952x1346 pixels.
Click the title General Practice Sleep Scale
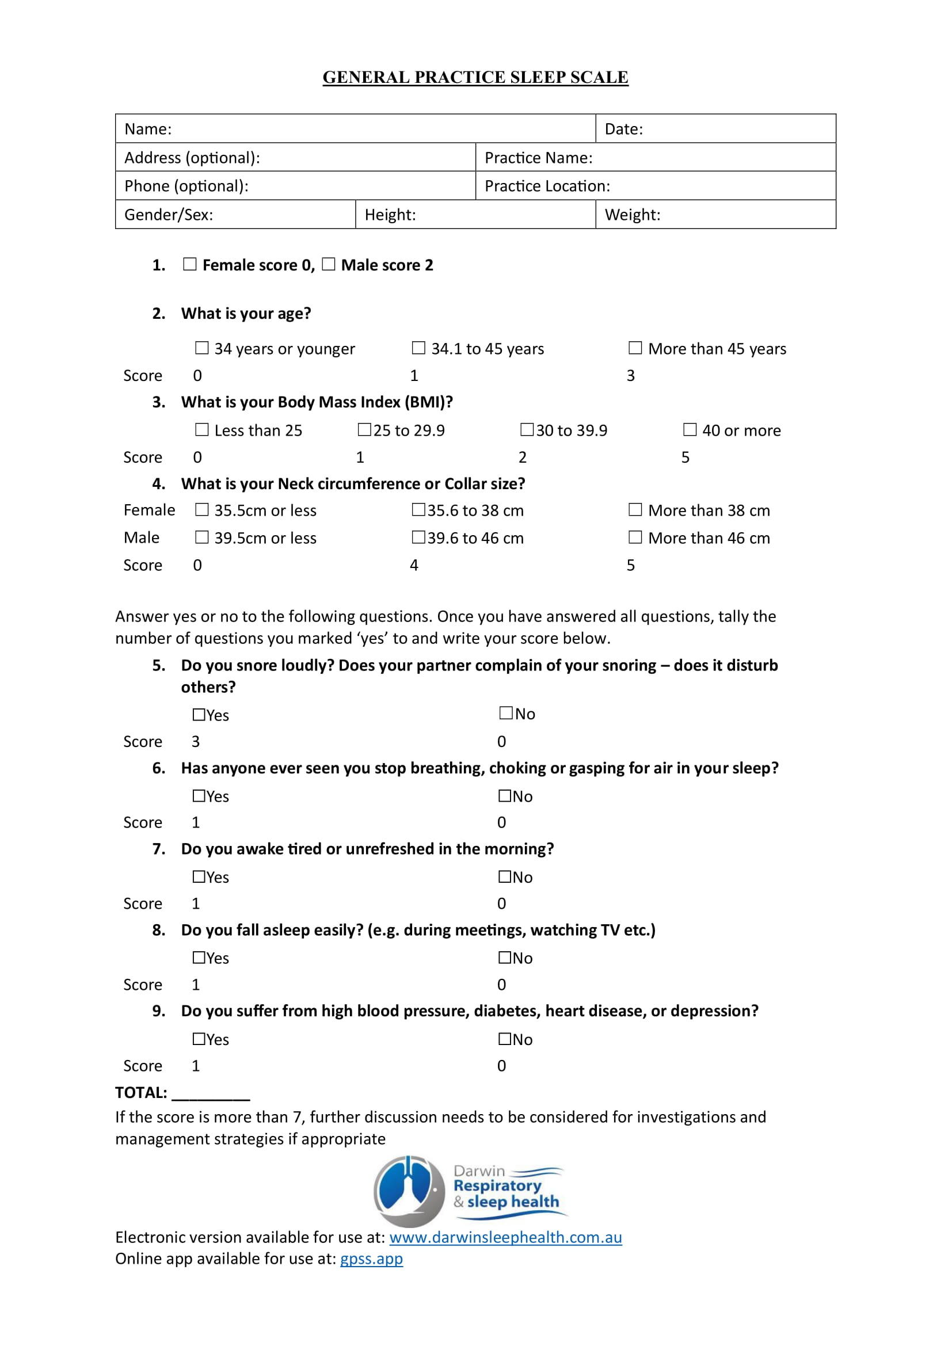tap(475, 77)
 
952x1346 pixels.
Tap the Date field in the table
tap(715, 129)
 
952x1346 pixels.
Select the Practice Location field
tap(656, 186)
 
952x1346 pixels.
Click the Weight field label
tap(633, 215)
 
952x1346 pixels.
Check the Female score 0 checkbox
tap(190, 264)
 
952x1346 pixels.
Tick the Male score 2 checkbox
tap(329, 264)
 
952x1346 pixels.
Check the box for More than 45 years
tap(635, 348)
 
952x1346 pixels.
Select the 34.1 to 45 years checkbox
tap(418, 348)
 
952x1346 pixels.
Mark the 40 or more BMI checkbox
tap(690, 430)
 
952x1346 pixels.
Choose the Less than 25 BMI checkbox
tap(201, 430)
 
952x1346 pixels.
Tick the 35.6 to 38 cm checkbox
tap(418, 509)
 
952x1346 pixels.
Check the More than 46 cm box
tap(635, 537)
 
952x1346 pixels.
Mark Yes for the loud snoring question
tap(199, 715)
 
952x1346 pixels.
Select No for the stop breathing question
tap(505, 795)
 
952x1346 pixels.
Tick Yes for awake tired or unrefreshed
tap(199, 876)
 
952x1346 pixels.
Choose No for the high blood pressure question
tap(505, 1039)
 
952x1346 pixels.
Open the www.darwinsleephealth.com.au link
tap(505, 1237)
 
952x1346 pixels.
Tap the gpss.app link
tap(371, 1259)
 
